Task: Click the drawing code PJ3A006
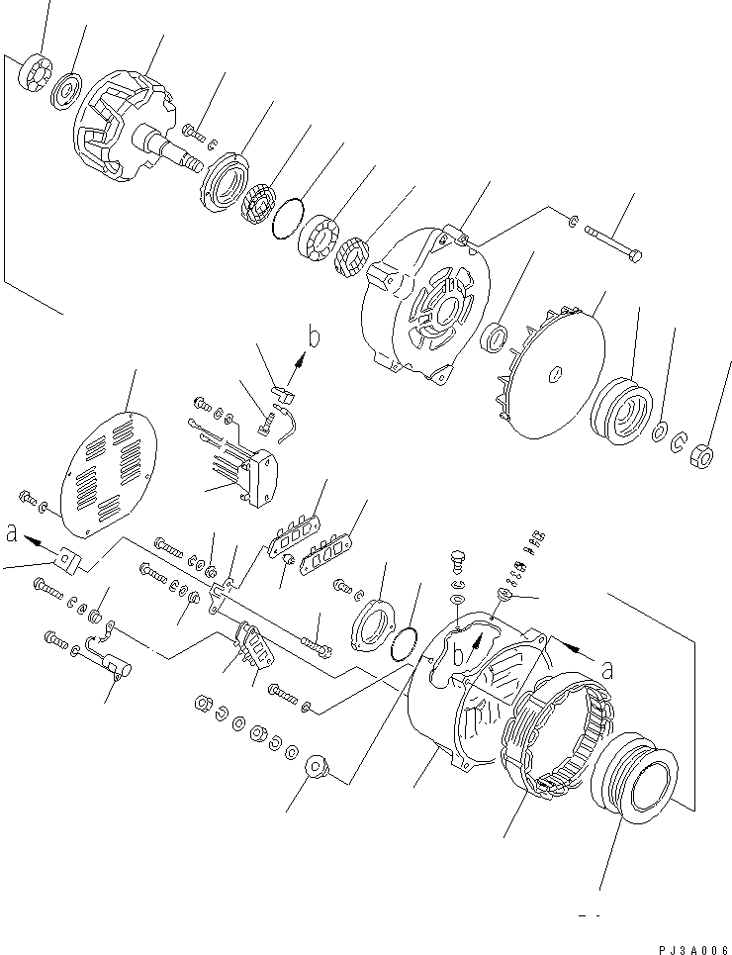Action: [x=689, y=945]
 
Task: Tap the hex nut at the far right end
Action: [x=701, y=454]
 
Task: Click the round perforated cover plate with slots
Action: [x=108, y=472]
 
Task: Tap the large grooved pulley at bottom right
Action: [x=633, y=800]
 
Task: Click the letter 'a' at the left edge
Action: [x=12, y=533]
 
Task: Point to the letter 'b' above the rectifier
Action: [x=314, y=337]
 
